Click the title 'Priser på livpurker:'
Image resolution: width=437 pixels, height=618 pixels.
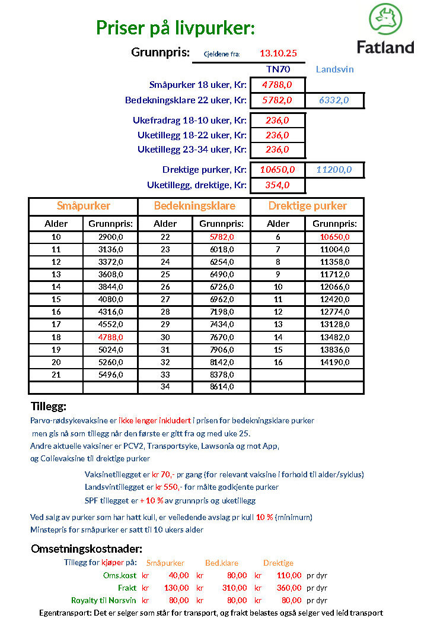176,28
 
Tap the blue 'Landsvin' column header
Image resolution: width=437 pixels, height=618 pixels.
334,69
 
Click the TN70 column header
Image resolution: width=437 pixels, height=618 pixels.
277,69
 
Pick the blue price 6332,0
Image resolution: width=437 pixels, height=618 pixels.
334,100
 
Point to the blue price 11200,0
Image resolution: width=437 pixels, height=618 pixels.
334,170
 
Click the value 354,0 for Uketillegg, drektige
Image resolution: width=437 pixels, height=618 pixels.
277,185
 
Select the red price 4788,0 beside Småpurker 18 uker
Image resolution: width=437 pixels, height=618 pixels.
277,85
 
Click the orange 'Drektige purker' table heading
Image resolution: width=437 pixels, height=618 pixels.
307,206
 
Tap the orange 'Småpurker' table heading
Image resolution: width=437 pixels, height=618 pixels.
84,206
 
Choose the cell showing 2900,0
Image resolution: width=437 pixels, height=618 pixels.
110,237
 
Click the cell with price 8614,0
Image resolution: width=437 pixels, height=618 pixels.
222,386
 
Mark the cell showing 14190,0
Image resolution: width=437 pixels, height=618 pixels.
334,362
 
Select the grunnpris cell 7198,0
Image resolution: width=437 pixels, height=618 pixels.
222,312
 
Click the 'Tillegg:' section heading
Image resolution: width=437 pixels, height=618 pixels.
49,407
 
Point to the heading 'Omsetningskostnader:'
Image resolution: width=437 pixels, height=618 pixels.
87,549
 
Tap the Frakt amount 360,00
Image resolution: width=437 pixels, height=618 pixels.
289,588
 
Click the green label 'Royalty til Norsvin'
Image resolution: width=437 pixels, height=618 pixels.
104,600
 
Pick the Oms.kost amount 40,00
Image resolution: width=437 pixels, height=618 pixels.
179,575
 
